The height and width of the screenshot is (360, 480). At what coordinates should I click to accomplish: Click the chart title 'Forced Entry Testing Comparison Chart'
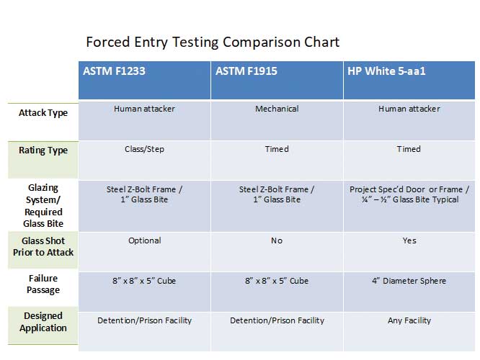point(213,42)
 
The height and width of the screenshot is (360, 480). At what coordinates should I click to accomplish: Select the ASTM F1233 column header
point(114,71)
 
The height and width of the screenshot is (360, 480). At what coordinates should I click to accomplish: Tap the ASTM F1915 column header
point(246,71)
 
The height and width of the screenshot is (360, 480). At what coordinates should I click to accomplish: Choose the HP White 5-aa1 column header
point(386,71)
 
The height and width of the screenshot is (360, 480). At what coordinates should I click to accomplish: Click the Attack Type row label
point(43,113)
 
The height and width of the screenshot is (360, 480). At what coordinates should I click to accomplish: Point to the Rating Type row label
point(43,150)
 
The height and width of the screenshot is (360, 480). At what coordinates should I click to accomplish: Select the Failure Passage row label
point(43,284)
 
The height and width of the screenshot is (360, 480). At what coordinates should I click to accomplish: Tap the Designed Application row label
point(43,322)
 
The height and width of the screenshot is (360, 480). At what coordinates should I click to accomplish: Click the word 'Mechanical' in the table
point(277,109)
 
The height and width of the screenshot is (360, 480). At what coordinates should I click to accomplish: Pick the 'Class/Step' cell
point(144,149)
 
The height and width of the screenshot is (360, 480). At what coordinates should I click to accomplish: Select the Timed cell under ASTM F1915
point(277,149)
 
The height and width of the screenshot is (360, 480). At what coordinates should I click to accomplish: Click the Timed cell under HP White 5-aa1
point(409,149)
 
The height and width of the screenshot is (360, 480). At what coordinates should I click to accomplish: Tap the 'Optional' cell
point(144,240)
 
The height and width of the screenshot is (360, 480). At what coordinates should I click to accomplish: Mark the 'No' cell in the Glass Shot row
point(277,240)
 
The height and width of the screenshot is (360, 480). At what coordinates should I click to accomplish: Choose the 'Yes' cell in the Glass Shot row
point(409,240)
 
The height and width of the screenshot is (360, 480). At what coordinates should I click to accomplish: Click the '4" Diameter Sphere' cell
point(409,281)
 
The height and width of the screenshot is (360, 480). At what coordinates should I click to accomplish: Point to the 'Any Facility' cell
point(409,320)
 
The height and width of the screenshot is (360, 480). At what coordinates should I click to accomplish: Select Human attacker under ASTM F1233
point(144,109)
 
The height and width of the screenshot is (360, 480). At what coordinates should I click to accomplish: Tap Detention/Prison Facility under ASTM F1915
point(277,320)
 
